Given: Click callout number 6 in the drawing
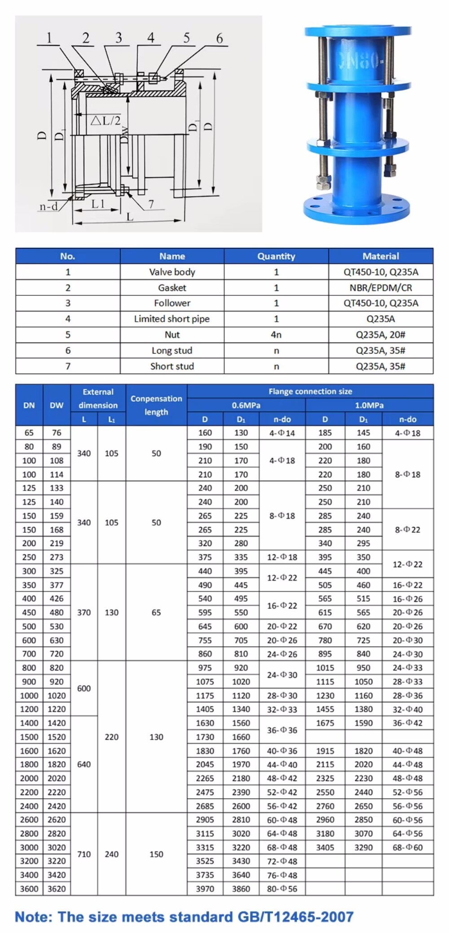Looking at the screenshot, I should [219, 39].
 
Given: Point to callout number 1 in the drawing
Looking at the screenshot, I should [49, 38].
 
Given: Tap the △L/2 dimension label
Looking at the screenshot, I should [106, 120].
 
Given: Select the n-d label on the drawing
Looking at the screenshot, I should [48, 206].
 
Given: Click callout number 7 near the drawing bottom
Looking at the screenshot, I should [151, 204].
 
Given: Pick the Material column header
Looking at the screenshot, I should [380, 256].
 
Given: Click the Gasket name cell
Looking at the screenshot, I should [172, 288].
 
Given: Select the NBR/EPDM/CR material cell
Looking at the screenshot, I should [380, 288].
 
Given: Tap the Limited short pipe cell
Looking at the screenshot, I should [172, 319].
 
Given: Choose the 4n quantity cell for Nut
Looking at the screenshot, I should [276, 335].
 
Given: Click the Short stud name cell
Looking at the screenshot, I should [172, 366].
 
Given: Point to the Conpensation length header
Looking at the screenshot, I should [156, 405].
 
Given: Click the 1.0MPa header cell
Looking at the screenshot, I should [369, 405].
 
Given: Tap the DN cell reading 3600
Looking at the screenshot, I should [29, 889].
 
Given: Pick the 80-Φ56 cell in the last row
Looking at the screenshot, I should [282, 889].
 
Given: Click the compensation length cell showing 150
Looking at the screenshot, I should [156, 854].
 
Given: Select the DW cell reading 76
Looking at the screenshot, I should [57, 433].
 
